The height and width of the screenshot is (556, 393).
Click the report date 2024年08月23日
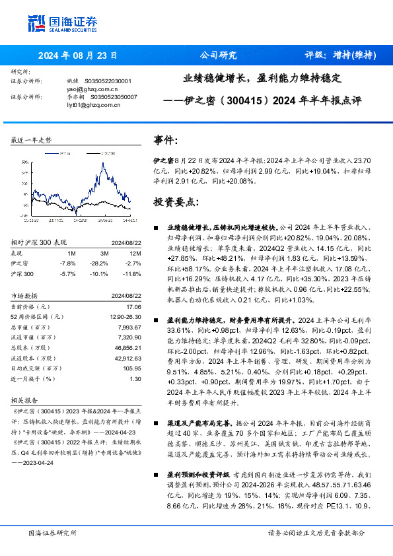tap(78, 55)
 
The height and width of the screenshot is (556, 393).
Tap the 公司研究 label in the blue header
tap(218, 55)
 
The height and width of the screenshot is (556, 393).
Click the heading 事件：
tap(165, 141)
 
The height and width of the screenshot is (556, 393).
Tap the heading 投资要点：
tap(175, 201)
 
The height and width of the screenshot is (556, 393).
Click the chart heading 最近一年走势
tap(31, 140)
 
